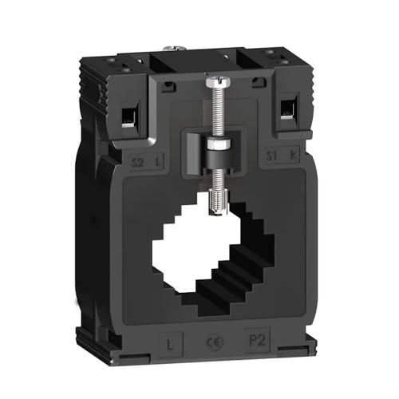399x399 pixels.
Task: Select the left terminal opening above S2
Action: tap(127, 117)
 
